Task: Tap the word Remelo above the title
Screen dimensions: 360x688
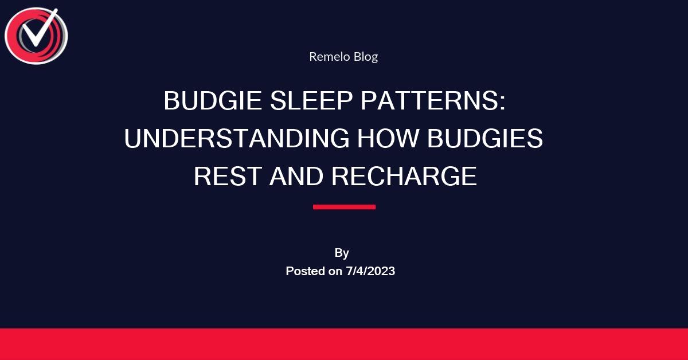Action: [326, 56]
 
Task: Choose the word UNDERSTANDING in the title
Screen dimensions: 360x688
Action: [237, 139]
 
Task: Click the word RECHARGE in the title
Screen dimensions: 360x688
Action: [404, 177]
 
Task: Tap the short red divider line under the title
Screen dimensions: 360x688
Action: [344, 207]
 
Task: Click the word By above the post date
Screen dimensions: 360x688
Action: [342, 253]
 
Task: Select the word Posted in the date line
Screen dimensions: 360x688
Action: [306, 271]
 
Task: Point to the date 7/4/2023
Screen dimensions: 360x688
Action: [370, 271]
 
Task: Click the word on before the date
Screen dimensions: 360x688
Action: [336, 271]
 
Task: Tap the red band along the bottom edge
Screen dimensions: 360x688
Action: [344, 344]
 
